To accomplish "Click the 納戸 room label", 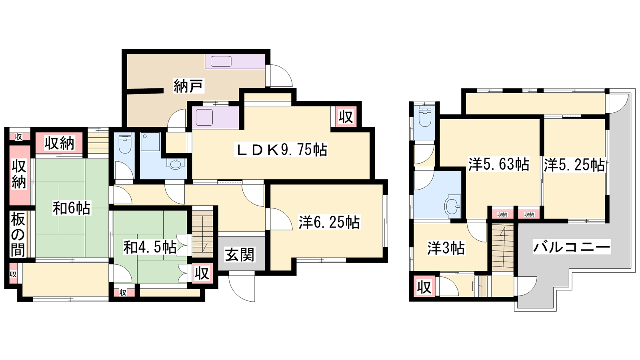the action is coord(188,86).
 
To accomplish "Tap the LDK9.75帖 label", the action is coord(281,150).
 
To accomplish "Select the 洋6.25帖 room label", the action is coord(329,222).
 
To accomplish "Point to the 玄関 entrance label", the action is coord(240,254).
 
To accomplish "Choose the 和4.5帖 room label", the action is coord(150,247).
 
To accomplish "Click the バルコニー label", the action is coord(572,246).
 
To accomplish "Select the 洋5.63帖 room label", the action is coord(498,164).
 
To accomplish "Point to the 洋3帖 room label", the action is coord(446,248).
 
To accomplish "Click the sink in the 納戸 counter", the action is coord(221,62).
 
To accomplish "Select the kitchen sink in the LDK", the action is coord(204,117).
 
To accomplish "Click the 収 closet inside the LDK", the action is coord(346,117).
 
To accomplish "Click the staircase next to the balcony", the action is coord(502,247).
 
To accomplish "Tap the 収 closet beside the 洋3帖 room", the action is coord(424,286).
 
